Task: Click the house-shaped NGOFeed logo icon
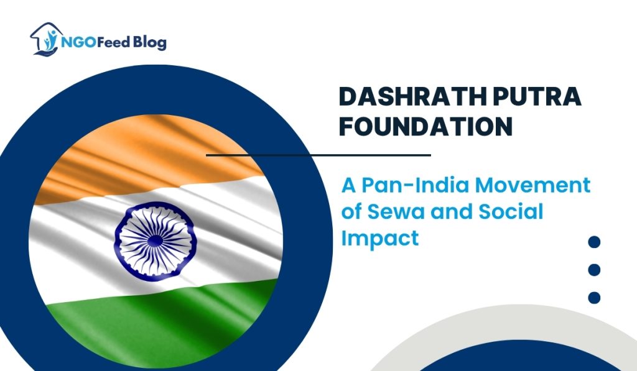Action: (44, 40)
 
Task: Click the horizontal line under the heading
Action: (318, 155)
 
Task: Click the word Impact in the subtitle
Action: (379, 239)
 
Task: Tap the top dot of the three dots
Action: (594, 242)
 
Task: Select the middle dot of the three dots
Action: (594, 270)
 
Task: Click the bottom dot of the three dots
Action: (594, 298)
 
